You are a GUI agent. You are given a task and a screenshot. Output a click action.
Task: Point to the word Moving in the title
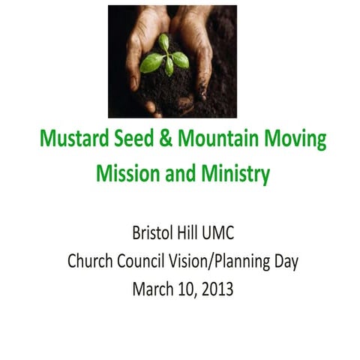pos(289,141)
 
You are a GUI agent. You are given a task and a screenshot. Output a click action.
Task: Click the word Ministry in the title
pos(232,175)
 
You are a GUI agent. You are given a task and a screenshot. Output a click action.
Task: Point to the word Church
pos(89,261)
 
